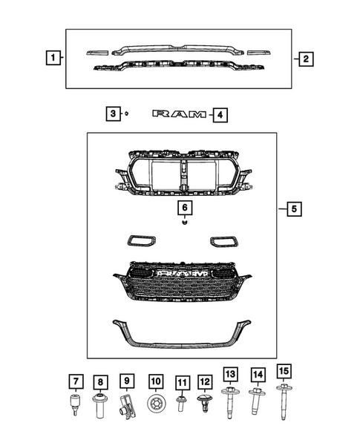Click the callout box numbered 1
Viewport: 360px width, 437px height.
click(52, 57)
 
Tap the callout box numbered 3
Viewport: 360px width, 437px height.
click(111, 114)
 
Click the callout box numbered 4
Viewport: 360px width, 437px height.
click(219, 115)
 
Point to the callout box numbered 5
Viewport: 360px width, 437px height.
click(293, 209)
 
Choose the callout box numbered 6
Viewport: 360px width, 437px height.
click(183, 207)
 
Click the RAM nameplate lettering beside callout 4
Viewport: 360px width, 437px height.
click(180, 114)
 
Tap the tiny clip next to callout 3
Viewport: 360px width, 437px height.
click(126, 114)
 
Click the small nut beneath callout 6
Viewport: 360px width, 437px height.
click(183, 222)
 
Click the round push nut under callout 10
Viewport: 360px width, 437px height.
click(156, 405)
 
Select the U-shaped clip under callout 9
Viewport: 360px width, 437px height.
click(127, 406)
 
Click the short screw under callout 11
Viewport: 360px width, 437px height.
click(180, 404)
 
